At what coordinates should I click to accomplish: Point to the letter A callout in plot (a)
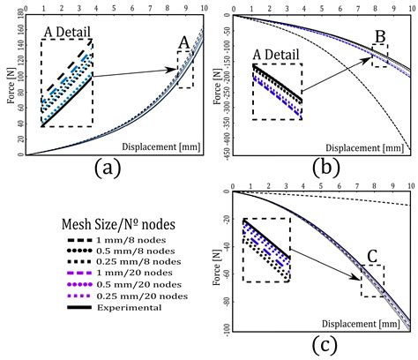[183, 41]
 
